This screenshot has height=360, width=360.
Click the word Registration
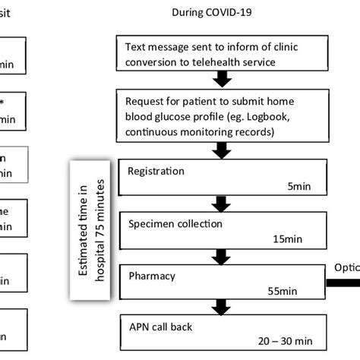tap(156, 171)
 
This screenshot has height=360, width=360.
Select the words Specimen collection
tap(175, 224)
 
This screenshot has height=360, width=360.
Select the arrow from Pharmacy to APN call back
tap(221, 306)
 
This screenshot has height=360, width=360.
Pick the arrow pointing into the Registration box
tap(221, 150)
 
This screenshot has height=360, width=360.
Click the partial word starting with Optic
tap(347, 267)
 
